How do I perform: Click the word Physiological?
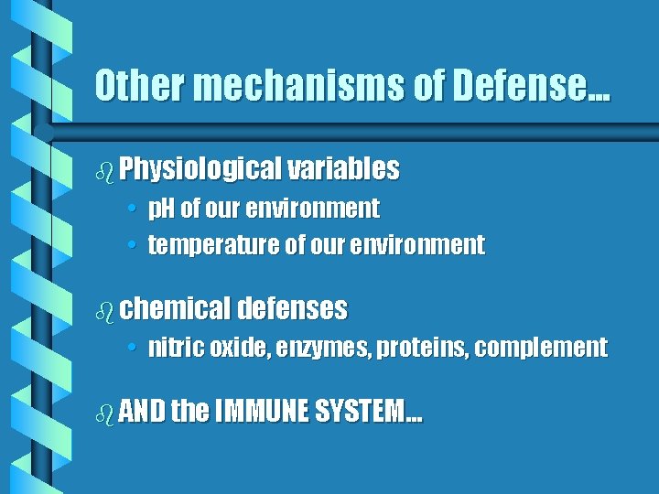click(x=200, y=169)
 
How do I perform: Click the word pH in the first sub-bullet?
click(x=162, y=209)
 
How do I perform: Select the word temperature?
click(x=210, y=245)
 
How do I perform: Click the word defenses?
click(x=292, y=309)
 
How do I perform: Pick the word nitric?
click(x=176, y=348)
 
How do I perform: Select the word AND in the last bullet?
click(x=142, y=413)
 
